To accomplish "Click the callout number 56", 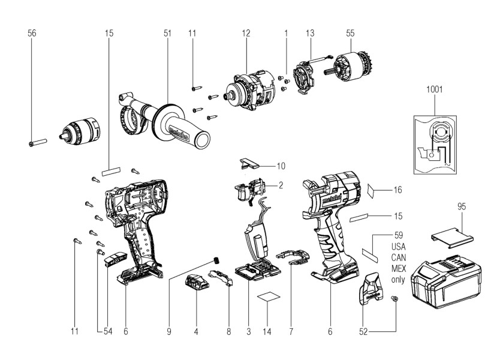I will pyautogui.click(x=32, y=34).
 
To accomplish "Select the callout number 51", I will pyautogui.click(x=167, y=34).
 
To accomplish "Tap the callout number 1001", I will pyautogui.click(x=434, y=89).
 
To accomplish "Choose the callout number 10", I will pyautogui.click(x=281, y=165).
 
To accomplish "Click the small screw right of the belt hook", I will pyautogui.click(x=394, y=298).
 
